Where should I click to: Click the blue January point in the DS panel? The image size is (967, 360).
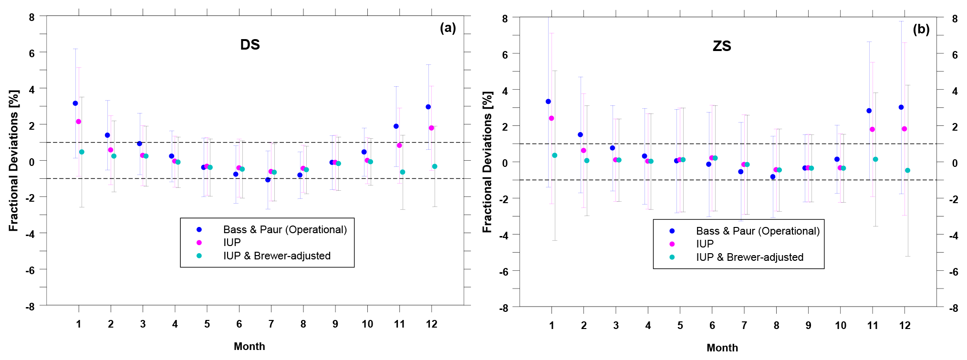coord(75,103)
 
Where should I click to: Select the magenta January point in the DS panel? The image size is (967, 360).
coord(79,122)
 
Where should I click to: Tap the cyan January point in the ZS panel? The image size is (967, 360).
coord(555,155)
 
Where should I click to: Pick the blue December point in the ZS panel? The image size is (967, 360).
coord(901,107)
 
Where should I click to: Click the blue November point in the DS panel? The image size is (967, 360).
coord(396,126)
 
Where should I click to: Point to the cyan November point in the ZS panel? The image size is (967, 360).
coord(875,159)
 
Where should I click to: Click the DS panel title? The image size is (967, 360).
coord(250,45)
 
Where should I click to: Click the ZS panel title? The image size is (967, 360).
coord(722,46)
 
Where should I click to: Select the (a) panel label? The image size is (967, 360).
coord(448,28)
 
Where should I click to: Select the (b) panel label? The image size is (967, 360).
coord(921,30)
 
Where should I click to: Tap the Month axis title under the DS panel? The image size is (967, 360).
coord(250,347)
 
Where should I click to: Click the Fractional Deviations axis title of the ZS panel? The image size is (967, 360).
coord(487,162)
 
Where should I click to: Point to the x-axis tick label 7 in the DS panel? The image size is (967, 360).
coord(271,324)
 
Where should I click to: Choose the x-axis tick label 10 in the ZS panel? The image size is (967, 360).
coord(841,326)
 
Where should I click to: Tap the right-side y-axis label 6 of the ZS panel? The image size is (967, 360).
coord(955,55)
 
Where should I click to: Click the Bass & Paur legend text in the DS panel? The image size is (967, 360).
coord(285,230)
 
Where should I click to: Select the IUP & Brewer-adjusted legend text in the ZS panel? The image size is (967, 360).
coord(749,257)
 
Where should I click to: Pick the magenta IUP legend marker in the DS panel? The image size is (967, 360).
coord(199,243)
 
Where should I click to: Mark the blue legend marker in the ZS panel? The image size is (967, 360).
coord(672,231)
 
